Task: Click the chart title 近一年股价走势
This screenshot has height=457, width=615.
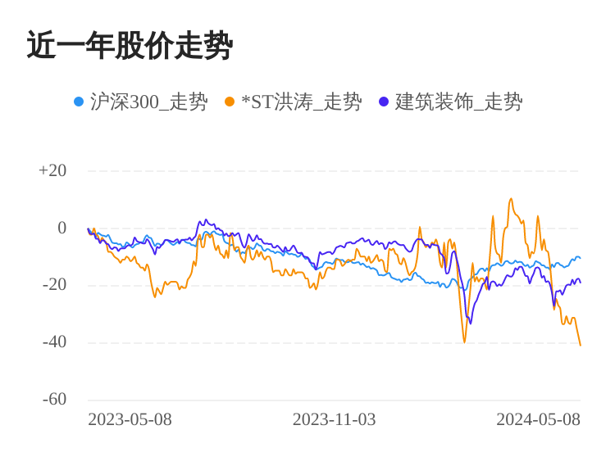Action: (130, 46)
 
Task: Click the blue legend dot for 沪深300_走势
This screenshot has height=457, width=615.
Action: (79, 102)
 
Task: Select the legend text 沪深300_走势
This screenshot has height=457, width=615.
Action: (148, 102)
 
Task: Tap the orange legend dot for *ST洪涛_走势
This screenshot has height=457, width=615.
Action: (230, 102)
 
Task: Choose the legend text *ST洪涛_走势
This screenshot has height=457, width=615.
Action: (301, 102)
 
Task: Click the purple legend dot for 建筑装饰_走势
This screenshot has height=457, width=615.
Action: (384, 102)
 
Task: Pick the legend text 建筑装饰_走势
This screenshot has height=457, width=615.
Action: (458, 102)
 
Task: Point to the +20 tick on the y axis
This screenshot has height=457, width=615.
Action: (52, 170)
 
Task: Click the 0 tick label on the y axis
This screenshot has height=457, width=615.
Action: (61, 228)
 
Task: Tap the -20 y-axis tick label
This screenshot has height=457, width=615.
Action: (54, 285)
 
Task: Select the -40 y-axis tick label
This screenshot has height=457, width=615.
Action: (54, 342)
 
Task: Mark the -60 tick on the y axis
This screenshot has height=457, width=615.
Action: (54, 400)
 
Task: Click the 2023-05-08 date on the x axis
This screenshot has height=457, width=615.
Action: (130, 420)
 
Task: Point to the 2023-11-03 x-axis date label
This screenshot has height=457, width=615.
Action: (334, 420)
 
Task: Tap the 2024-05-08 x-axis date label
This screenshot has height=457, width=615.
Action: (538, 420)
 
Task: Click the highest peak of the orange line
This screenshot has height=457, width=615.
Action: (511, 198)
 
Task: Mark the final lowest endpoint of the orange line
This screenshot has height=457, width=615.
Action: (580, 345)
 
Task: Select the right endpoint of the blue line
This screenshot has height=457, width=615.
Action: (580, 258)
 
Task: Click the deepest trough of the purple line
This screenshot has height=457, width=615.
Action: (470, 323)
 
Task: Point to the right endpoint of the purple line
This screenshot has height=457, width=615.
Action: (580, 283)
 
